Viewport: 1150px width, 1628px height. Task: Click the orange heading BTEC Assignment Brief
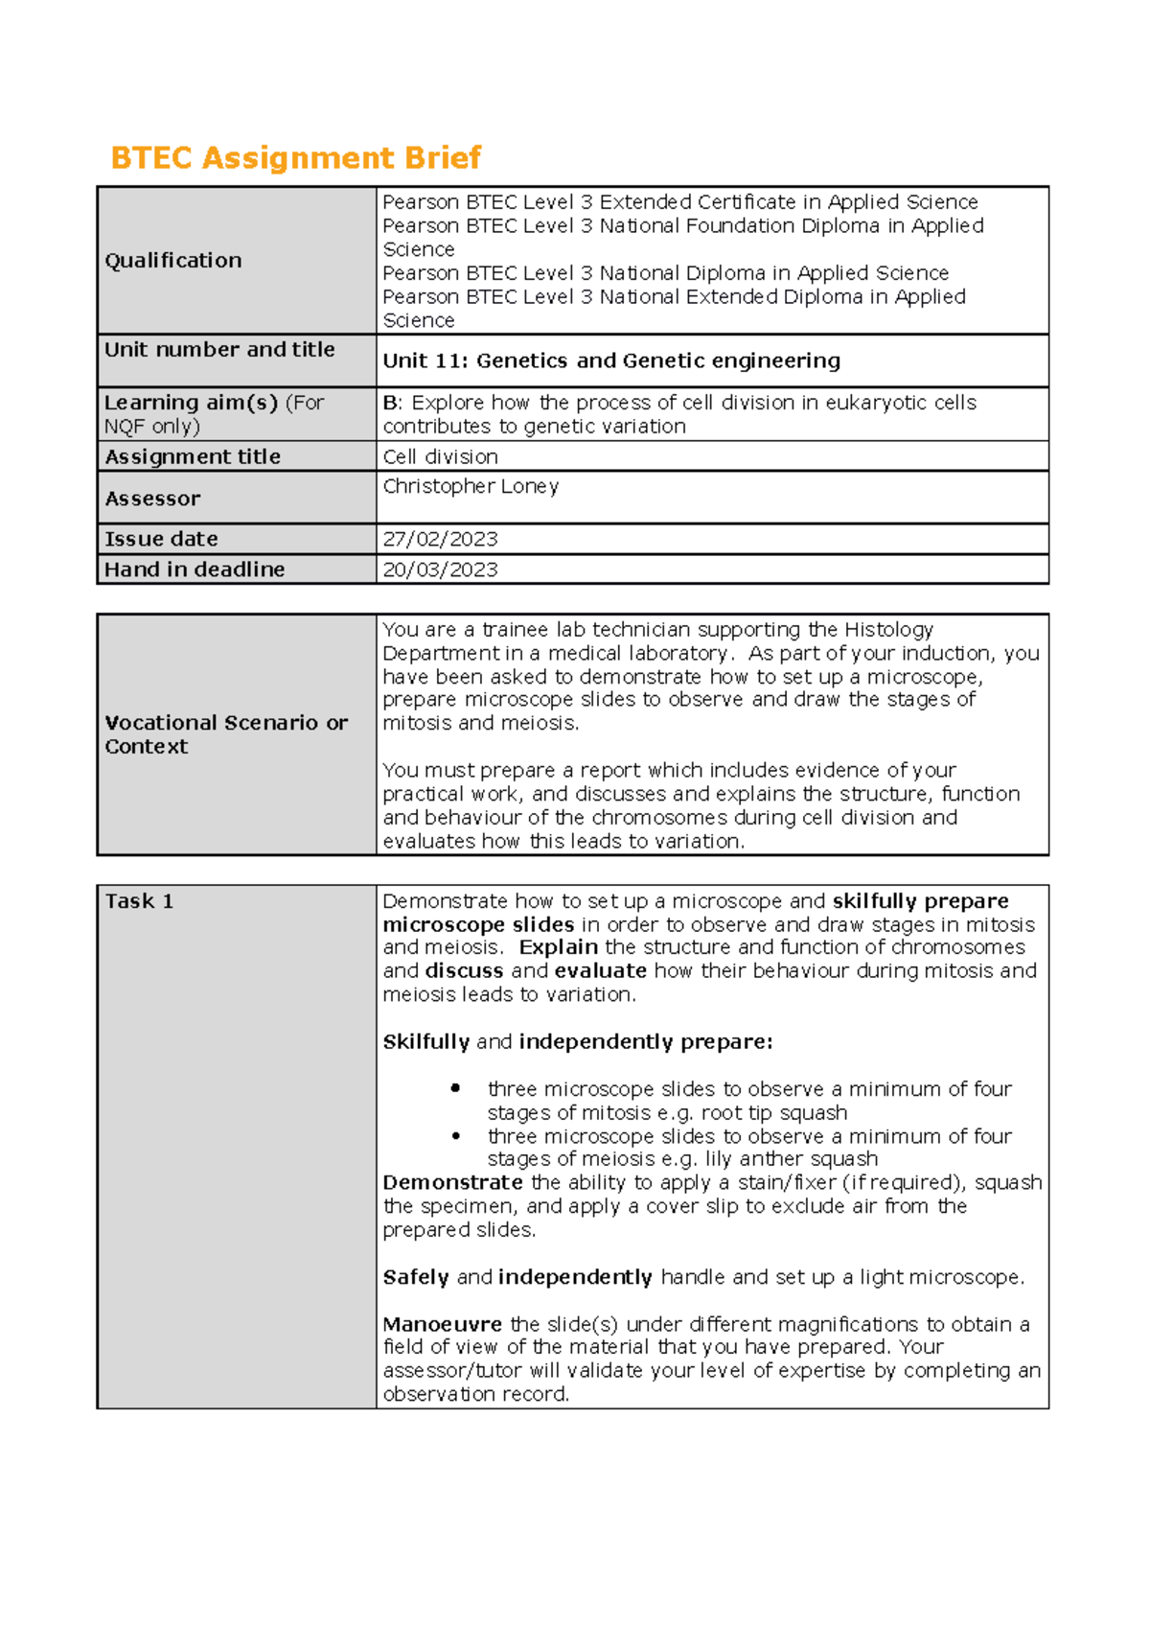295,157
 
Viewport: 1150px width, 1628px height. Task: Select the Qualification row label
173,261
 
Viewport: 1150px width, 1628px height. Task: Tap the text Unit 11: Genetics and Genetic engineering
611,360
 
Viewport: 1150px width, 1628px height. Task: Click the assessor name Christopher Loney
471,486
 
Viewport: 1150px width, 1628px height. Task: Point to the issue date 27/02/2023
440,539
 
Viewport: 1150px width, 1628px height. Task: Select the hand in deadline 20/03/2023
440,570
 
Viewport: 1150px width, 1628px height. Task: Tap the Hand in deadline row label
195,570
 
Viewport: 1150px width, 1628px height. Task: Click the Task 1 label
139,901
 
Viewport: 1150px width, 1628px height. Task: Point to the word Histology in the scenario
887,630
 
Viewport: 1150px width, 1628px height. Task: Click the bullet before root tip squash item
455,1088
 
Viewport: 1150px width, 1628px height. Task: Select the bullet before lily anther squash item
455,1135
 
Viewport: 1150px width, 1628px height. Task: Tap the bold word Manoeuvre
442,1324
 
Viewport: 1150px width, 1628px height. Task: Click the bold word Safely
416,1277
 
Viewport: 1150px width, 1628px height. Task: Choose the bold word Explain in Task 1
558,947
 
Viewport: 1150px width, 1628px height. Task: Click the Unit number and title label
219,350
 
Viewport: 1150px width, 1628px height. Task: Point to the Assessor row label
152,499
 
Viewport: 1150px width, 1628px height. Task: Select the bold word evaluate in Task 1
600,971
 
